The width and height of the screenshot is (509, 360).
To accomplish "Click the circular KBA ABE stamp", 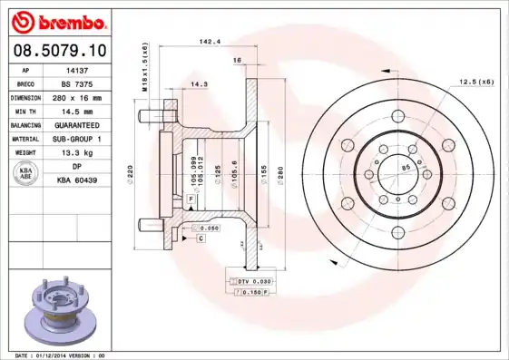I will [26, 173].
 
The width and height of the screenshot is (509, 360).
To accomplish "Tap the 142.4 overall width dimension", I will [210, 41].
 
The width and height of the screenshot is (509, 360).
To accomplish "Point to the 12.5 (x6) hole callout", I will [475, 83].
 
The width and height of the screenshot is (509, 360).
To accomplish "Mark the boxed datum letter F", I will [191, 198].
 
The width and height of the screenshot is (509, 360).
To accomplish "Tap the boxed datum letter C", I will [200, 238].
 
